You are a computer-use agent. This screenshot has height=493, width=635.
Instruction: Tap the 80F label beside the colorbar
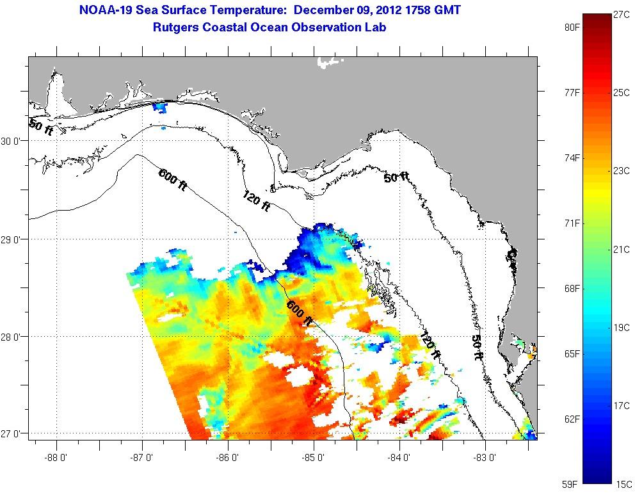tap(572, 28)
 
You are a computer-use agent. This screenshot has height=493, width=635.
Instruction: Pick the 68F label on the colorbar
tap(572, 289)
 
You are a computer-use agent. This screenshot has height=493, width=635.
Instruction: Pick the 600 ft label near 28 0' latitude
tap(300, 313)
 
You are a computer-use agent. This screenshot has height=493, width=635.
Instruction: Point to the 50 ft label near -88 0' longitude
tap(41, 126)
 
